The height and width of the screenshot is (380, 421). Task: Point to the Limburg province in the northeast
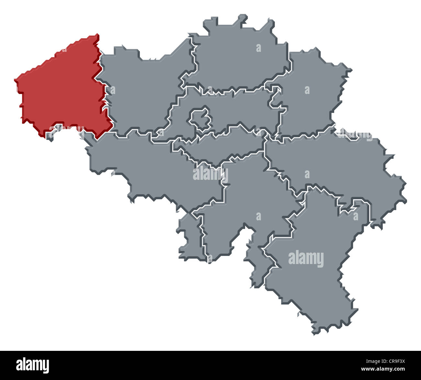(x=311, y=97)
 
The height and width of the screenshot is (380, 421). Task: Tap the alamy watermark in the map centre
(x=210, y=174)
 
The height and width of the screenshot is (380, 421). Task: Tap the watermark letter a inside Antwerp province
(x=258, y=48)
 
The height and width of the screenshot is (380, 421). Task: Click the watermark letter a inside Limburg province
(x=307, y=90)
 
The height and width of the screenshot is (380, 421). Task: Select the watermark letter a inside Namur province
(x=258, y=216)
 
